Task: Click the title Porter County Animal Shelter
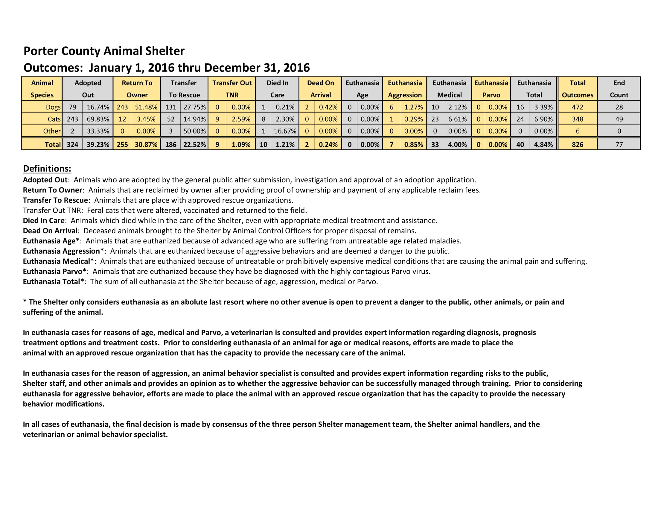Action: click(x=104, y=51)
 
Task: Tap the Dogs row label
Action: click(x=53, y=107)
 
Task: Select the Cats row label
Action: click(x=54, y=119)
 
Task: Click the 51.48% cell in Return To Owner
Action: click(x=146, y=107)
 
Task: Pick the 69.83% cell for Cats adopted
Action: click(x=98, y=119)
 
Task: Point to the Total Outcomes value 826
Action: click(x=577, y=144)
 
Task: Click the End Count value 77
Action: click(x=619, y=144)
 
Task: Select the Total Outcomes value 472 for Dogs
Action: click(x=577, y=107)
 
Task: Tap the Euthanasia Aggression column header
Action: click(x=405, y=89)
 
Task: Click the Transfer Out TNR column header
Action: click(x=232, y=89)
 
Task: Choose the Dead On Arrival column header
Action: click(x=320, y=89)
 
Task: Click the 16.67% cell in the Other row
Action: click(x=285, y=131)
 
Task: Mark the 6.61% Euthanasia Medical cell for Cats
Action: click(x=457, y=119)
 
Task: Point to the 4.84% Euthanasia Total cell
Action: click(x=543, y=144)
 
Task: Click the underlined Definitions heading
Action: click(x=47, y=169)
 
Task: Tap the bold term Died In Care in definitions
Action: click(x=44, y=220)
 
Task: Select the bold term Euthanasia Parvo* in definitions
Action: click(x=54, y=271)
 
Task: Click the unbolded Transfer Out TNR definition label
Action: click(x=52, y=210)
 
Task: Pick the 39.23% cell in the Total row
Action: click(x=98, y=144)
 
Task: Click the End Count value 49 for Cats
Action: click(x=619, y=119)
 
